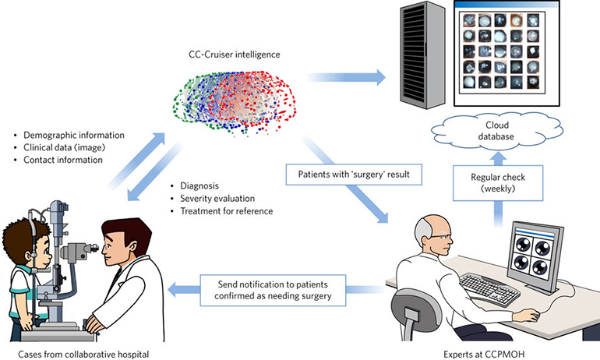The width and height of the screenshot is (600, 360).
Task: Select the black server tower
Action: click(x=420, y=55)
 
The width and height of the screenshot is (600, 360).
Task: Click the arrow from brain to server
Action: click(x=346, y=77)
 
